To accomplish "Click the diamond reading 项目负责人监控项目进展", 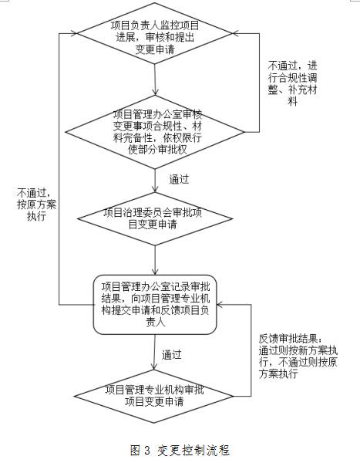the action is (155, 33).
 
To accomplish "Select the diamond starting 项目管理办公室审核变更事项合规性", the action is (155, 132).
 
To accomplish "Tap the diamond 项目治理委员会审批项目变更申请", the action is (155, 219).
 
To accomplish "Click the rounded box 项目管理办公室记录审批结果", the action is (155, 305).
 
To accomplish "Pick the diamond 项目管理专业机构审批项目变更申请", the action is (153, 397).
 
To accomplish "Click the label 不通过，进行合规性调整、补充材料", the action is (292, 83).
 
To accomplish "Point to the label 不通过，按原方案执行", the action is (36, 204).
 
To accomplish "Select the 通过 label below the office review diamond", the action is (179, 180).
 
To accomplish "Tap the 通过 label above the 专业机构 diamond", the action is (171, 355).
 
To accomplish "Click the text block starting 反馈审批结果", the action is (298, 357).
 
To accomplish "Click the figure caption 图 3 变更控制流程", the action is (180, 451).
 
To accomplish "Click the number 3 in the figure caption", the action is (147, 451).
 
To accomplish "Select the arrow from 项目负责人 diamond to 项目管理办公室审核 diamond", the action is (155, 79).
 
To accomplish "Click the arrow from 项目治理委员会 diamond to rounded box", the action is (155, 260).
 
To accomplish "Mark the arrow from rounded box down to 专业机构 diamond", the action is (154, 352).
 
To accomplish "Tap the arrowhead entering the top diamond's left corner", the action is (74, 33).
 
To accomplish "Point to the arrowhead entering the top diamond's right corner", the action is (236, 33).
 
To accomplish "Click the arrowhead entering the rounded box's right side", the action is (220, 305).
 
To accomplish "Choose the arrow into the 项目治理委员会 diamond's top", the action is (155, 181).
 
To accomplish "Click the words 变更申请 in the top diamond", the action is (155, 49).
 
